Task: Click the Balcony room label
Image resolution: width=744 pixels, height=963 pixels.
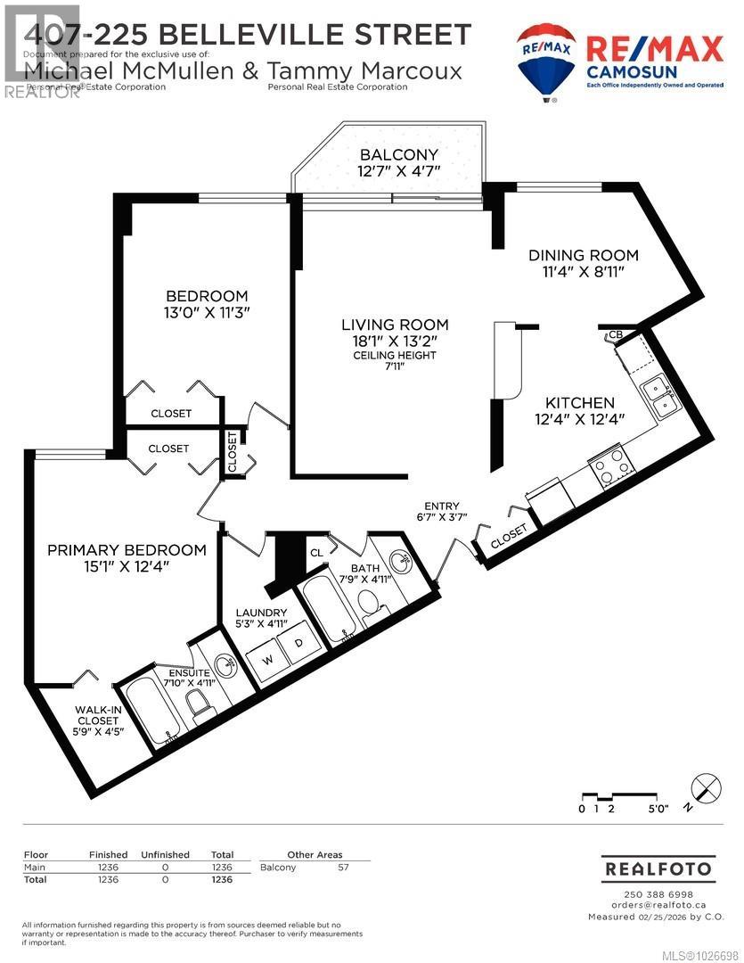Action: coord(387,155)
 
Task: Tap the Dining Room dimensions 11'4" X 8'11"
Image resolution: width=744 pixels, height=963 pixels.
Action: coord(584,273)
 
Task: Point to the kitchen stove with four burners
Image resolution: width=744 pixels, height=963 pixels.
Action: coord(612,465)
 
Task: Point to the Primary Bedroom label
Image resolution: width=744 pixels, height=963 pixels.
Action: coord(127,550)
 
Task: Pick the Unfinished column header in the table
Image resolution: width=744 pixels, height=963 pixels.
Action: coord(166,854)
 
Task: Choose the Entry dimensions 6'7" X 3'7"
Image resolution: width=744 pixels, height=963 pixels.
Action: coord(442,517)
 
